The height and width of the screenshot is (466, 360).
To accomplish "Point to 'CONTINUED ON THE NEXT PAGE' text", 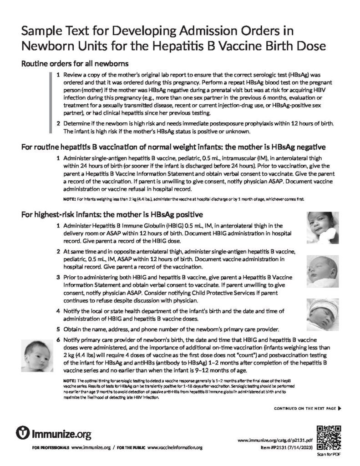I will [x=304, y=408].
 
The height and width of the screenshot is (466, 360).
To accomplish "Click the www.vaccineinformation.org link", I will [x=175, y=448].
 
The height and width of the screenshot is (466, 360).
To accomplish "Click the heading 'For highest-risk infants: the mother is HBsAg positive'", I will [x=112, y=214].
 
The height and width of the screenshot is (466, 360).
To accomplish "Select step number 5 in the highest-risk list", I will [x=58, y=329].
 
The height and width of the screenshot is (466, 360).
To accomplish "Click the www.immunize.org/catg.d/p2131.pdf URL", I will [x=275, y=441].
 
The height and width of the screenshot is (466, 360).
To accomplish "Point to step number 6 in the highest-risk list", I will [x=58, y=340].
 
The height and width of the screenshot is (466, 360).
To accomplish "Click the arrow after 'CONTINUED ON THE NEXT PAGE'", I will [x=340, y=408].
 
